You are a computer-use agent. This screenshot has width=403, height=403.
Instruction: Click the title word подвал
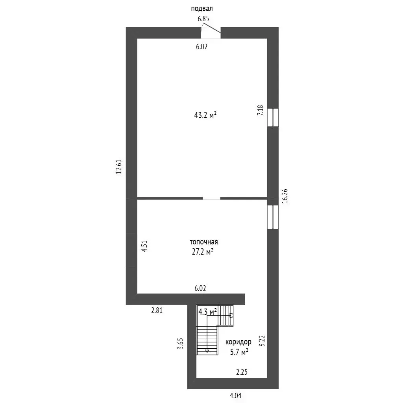(x=202, y=9)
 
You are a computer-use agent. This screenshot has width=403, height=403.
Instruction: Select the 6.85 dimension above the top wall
(x=203, y=19)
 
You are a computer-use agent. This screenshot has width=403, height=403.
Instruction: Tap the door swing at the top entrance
(x=211, y=28)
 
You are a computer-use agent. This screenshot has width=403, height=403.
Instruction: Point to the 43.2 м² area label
(x=205, y=115)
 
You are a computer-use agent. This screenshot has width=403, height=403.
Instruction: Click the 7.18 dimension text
(x=261, y=110)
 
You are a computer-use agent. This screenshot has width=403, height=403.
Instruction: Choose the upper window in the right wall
(x=273, y=117)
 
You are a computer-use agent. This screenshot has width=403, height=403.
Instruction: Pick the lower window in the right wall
(x=273, y=217)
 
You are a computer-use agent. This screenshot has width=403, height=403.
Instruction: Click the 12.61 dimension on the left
(x=118, y=167)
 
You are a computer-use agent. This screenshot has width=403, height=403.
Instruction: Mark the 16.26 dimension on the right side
(x=285, y=196)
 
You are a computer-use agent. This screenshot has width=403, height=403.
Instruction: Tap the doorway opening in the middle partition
(x=211, y=198)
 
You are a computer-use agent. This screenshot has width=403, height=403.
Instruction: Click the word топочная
(x=204, y=242)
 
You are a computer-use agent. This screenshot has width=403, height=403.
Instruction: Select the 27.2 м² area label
(x=203, y=252)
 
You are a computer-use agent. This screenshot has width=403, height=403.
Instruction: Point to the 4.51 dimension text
(x=144, y=246)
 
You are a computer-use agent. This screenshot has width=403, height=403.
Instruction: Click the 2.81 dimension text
(x=157, y=311)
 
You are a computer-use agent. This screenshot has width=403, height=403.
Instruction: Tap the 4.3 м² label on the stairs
(x=208, y=312)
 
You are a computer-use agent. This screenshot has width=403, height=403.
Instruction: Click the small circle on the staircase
(x=231, y=315)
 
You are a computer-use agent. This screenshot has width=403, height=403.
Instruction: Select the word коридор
(x=238, y=342)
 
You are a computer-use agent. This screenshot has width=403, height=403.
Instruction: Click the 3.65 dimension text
(x=181, y=343)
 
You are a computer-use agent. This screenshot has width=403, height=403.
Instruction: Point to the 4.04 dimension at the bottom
(x=236, y=396)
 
